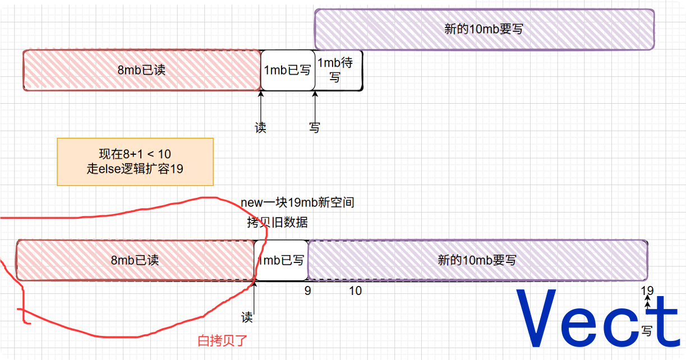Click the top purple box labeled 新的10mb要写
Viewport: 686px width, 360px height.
pyautogui.click(x=484, y=29)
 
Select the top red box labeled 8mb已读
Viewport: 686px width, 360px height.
pyautogui.click(x=141, y=70)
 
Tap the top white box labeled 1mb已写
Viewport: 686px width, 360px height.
pyautogui.click(x=287, y=70)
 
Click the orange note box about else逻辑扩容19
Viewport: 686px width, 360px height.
pyautogui.click(x=135, y=161)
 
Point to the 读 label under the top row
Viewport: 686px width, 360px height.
pyautogui.click(x=260, y=127)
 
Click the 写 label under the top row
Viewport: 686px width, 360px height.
pyautogui.click(x=315, y=127)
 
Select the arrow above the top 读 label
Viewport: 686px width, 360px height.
pyautogui.click(x=260, y=104)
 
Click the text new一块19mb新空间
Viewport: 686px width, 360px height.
pyautogui.click(x=297, y=203)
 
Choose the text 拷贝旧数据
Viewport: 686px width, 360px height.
pyautogui.click(x=277, y=223)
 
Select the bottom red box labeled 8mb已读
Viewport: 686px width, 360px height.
pyautogui.click(x=135, y=260)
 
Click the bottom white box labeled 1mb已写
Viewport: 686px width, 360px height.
pyautogui.click(x=282, y=260)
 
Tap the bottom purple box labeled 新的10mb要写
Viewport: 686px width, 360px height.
pyautogui.click(x=477, y=260)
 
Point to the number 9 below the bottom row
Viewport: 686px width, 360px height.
pyautogui.click(x=307, y=290)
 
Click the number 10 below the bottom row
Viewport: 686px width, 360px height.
pyautogui.click(x=355, y=290)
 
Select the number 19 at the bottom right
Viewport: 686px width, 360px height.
pyautogui.click(x=647, y=290)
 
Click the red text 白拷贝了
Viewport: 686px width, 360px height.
pyautogui.click(x=222, y=340)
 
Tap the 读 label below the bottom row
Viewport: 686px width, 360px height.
pyautogui.click(x=247, y=317)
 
